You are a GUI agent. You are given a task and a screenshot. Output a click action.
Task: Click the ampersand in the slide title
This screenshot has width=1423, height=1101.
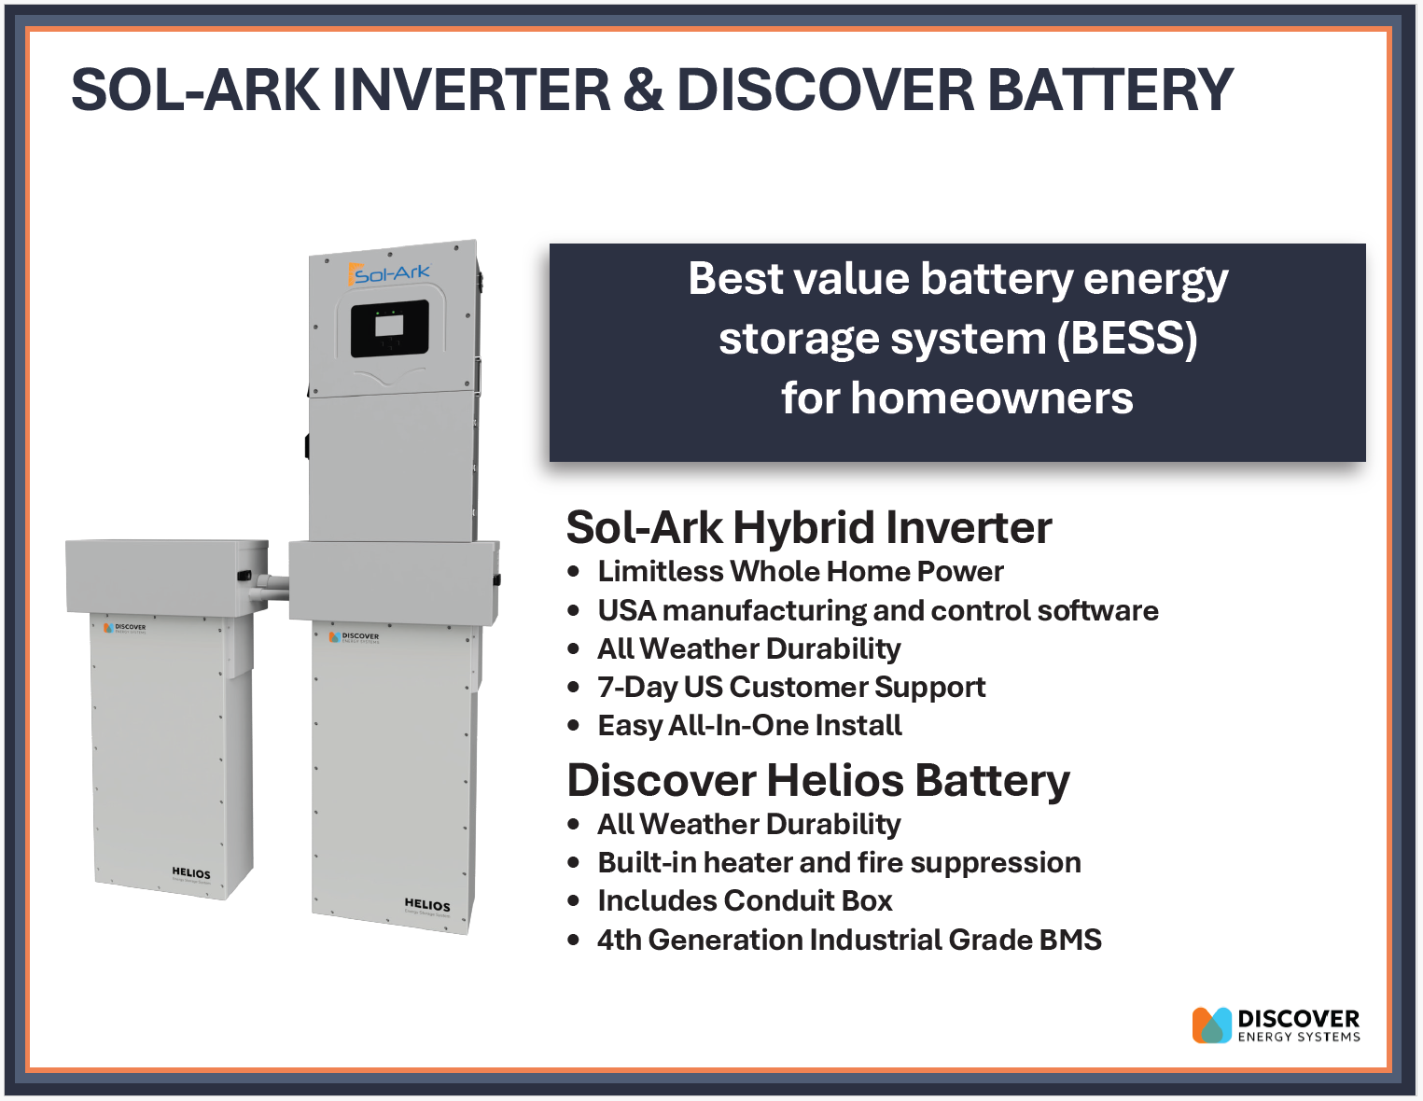(x=643, y=91)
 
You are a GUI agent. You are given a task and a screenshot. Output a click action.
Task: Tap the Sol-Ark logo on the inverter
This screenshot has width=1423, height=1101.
(x=390, y=273)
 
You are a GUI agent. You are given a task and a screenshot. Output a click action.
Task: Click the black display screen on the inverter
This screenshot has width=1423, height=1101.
(x=389, y=328)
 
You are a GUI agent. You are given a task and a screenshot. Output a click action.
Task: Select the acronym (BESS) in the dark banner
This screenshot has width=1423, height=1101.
(x=1126, y=338)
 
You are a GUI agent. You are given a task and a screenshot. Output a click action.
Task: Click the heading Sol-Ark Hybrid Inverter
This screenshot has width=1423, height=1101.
(x=808, y=527)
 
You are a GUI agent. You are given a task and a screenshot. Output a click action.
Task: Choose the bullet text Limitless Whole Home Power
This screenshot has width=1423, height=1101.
(x=800, y=571)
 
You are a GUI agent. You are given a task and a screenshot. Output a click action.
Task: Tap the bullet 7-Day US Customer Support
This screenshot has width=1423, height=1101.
(x=790, y=687)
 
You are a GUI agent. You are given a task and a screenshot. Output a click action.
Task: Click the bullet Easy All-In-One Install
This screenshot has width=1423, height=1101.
(x=749, y=725)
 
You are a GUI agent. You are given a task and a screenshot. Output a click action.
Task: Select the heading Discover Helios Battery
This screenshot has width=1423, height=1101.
(x=817, y=780)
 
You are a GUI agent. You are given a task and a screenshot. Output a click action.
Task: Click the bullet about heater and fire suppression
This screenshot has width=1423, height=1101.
(x=839, y=862)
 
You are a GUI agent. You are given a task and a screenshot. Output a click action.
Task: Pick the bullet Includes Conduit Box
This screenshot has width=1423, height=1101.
(x=745, y=900)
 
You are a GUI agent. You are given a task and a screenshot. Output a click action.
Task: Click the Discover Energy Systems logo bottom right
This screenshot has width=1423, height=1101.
(x=1276, y=1024)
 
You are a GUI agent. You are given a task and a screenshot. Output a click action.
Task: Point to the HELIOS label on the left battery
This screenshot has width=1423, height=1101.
(x=191, y=873)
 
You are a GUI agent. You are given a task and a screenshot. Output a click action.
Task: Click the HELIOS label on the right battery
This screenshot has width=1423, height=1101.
(x=426, y=904)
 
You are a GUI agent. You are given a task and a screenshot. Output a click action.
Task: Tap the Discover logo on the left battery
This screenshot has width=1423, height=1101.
(x=125, y=628)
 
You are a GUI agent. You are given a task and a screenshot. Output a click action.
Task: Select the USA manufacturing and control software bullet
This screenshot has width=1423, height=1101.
(x=877, y=610)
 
